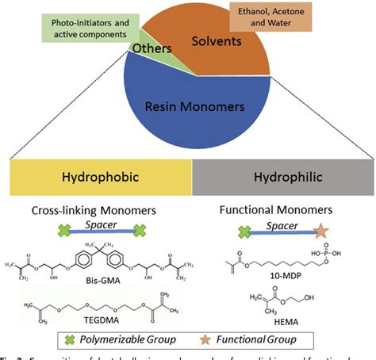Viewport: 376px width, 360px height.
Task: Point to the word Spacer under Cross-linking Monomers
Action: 99,224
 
